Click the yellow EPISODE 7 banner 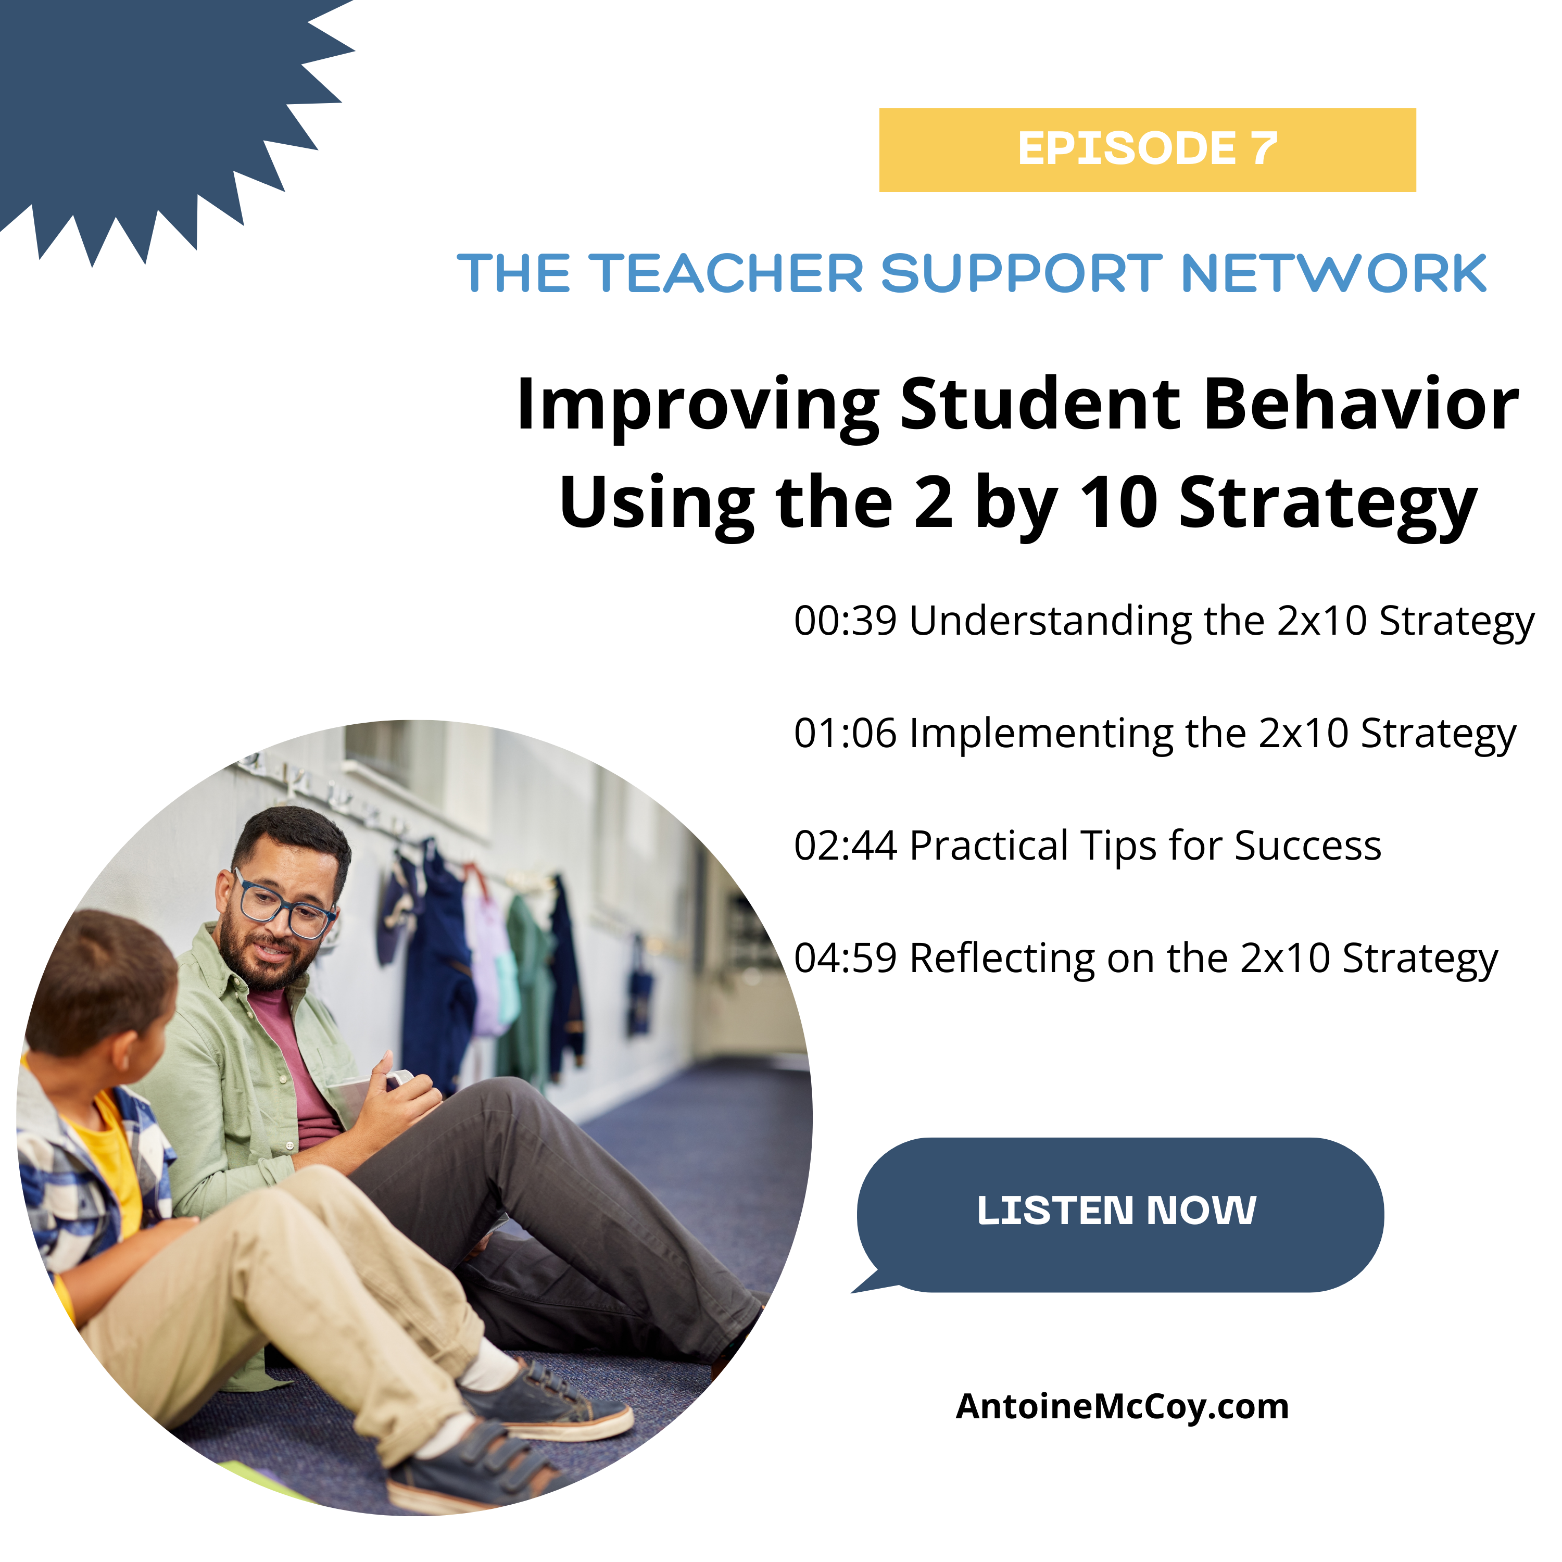tap(1147, 149)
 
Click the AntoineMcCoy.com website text tap(1122, 1407)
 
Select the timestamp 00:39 tap(845, 621)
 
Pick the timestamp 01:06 tap(845, 733)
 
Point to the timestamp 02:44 tap(845, 846)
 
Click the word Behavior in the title tap(1361, 404)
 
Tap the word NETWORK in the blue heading tap(1333, 273)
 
